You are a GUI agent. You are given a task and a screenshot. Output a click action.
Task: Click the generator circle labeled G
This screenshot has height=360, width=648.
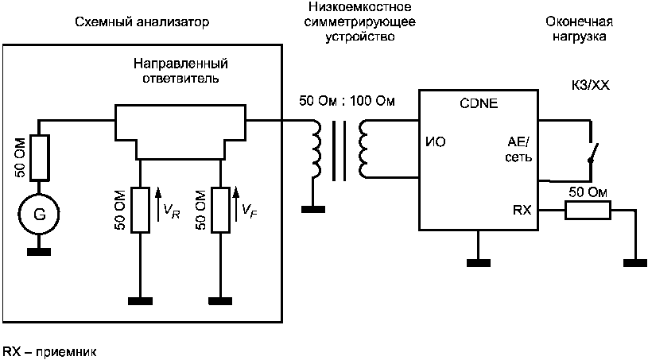click(39, 215)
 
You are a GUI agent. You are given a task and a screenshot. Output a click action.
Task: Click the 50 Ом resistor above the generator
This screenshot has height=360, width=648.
click(39, 157)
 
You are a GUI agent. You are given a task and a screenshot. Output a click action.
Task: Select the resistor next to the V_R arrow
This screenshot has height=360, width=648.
click(140, 210)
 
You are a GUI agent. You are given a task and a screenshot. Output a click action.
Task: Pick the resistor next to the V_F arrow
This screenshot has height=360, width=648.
click(221, 210)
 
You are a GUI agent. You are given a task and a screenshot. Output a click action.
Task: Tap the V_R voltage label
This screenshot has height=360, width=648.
click(172, 211)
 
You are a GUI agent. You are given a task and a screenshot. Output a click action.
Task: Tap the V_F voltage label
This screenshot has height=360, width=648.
click(250, 211)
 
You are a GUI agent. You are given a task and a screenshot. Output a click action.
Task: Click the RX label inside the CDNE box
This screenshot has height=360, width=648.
click(522, 210)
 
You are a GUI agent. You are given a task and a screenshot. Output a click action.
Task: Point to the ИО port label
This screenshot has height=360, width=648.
click(436, 142)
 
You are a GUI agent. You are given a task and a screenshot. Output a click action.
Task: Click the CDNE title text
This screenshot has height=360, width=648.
click(479, 103)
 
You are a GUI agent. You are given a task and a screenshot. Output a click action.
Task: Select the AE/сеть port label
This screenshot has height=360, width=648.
click(518, 149)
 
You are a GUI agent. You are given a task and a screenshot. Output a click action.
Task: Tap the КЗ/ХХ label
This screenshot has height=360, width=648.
click(590, 86)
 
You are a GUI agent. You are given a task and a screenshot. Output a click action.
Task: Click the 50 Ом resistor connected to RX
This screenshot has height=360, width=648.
click(588, 211)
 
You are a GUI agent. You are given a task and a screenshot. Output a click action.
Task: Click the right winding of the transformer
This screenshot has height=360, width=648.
click(363, 149)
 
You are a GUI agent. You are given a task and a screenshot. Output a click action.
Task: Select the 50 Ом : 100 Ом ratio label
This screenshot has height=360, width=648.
click(347, 101)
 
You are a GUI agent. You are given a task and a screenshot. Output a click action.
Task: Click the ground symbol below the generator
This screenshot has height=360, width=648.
click(39, 251)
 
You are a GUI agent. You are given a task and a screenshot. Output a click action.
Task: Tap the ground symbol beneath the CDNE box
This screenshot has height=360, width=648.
click(479, 263)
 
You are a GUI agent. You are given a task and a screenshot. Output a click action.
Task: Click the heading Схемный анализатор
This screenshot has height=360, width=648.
click(142, 22)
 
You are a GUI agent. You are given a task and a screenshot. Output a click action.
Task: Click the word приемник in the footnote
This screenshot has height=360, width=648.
click(66, 352)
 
